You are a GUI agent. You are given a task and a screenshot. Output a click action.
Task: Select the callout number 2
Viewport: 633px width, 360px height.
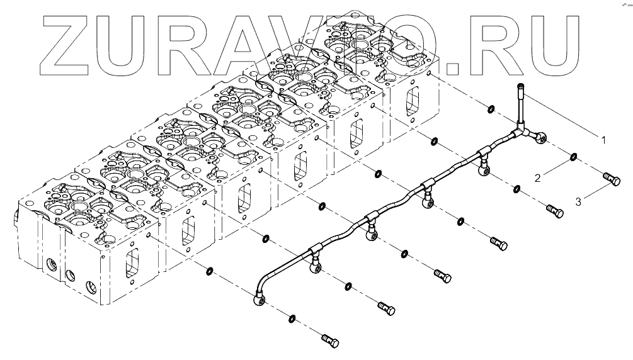537,179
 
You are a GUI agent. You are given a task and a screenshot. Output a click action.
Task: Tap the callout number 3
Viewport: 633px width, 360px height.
578,202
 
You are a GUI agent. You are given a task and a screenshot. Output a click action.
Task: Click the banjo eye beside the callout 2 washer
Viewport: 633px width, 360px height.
540,136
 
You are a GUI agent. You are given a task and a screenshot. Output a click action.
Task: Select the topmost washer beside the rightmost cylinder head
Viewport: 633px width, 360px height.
491,110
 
